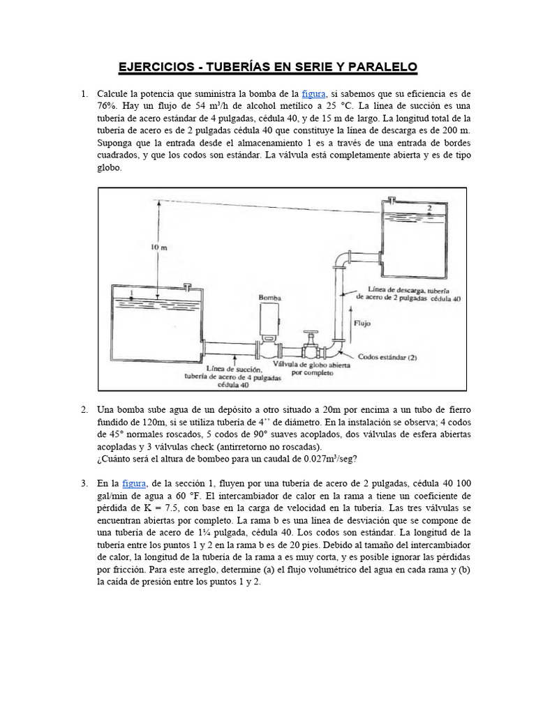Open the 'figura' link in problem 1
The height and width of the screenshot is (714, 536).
point(313,93)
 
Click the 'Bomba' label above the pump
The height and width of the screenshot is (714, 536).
point(269,297)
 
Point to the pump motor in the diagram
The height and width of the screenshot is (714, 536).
point(269,322)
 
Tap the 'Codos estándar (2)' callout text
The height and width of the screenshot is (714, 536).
point(387,356)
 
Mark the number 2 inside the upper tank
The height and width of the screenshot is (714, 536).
point(429,208)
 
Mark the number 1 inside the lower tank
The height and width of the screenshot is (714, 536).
point(131,292)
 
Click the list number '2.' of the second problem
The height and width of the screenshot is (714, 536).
point(84,409)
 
